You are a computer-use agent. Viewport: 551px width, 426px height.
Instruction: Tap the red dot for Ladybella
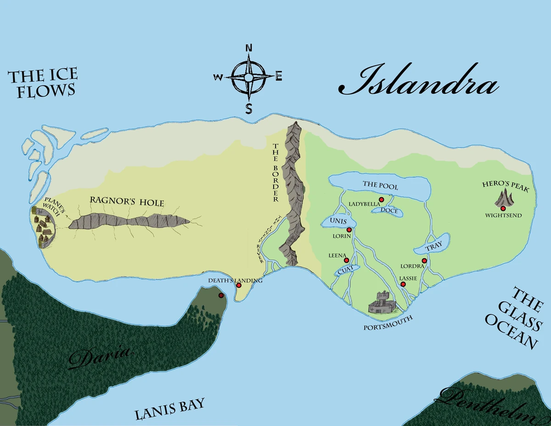click(381, 199)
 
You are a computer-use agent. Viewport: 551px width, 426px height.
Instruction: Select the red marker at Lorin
click(349, 229)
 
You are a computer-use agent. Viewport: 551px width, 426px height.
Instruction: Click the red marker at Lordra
click(424, 261)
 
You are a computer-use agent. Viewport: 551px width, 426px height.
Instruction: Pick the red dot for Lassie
click(403, 284)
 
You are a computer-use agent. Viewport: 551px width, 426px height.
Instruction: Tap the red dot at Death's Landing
click(238, 285)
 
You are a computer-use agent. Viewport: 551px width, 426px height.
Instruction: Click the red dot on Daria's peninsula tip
click(221, 295)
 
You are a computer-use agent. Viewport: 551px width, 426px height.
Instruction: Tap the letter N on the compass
click(249, 48)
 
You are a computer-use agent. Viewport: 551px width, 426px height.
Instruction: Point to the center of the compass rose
click(248, 77)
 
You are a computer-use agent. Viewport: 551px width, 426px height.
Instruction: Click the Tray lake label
click(433, 247)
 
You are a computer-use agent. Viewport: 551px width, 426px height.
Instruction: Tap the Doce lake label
click(388, 211)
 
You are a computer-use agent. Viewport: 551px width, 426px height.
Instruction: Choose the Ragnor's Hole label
click(127, 202)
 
